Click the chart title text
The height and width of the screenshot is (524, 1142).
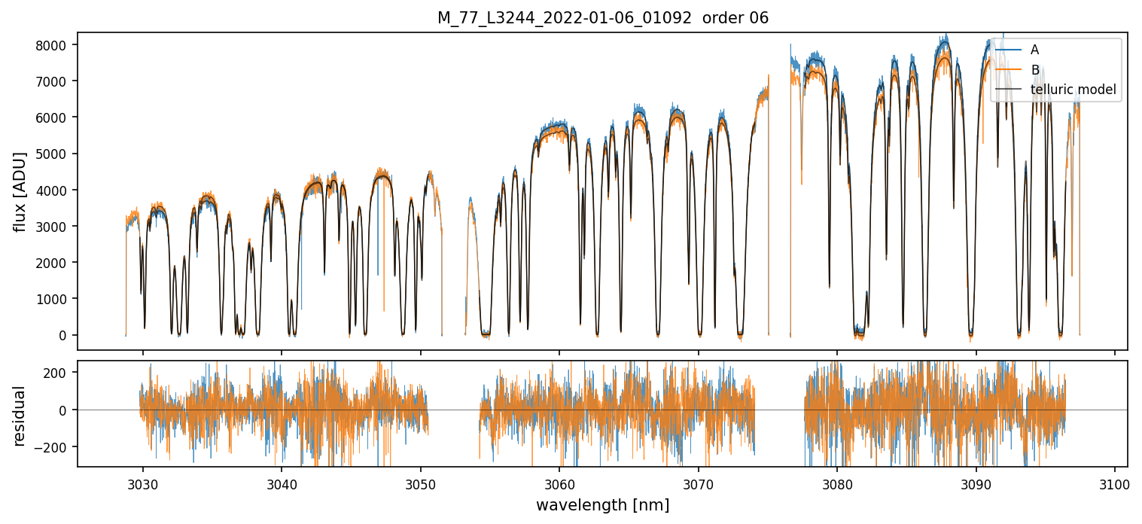(602, 18)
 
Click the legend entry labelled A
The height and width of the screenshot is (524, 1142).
(1034, 50)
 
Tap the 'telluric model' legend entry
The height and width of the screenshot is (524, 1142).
(1073, 90)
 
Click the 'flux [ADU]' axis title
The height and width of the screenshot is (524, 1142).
(21, 191)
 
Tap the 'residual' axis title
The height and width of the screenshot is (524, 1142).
(21, 416)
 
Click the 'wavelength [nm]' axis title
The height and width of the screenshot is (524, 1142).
(602, 505)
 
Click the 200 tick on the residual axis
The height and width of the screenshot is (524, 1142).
(59, 373)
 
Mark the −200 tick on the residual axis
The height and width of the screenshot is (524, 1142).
(56, 447)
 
